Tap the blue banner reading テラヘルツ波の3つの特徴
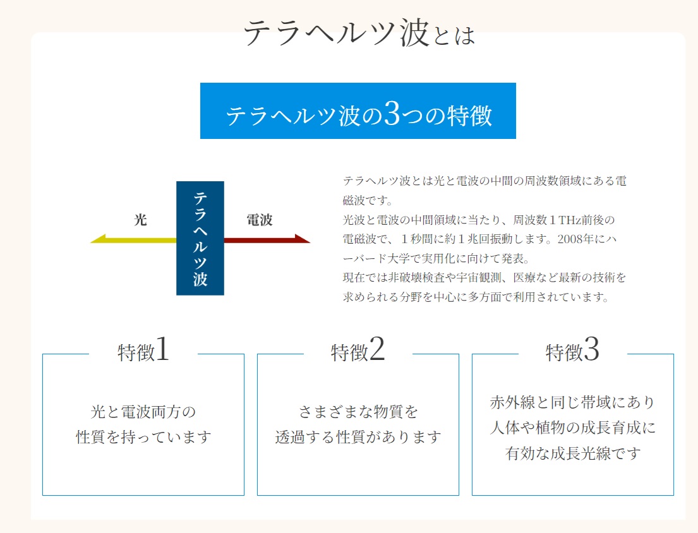point(358,111)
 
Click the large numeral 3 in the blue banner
point(392,113)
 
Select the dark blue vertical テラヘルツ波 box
point(200,238)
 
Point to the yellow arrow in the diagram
point(133,240)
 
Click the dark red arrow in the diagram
point(267,239)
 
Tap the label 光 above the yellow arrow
point(140,219)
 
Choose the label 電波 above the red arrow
point(260,219)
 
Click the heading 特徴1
point(143,349)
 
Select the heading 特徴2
point(358,349)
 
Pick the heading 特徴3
point(572,349)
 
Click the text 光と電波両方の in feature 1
point(143,412)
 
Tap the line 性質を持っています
point(143,437)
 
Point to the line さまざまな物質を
point(358,412)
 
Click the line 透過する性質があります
point(358,437)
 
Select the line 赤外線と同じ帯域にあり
point(573,402)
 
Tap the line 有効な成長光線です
point(573,453)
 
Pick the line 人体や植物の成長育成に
point(573,428)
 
